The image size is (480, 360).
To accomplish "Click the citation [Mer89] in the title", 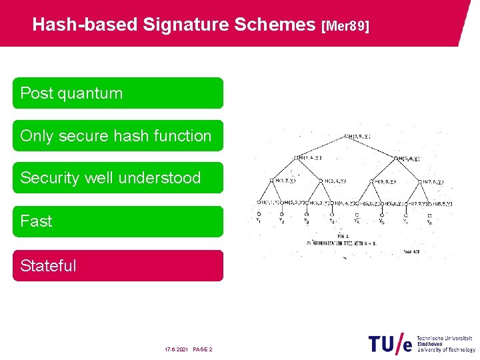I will pyautogui.click(x=345, y=26).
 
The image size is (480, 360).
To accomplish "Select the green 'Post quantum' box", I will pyautogui.click(x=118, y=93).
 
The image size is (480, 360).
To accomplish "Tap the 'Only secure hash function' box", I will pyautogui.click(x=118, y=136).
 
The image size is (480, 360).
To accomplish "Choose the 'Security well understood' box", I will pyautogui.click(x=118, y=178).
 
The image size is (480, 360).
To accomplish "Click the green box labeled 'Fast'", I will pyautogui.click(x=118, y=221).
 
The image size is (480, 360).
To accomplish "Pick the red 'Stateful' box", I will pyautogui.click(x=118, y=265).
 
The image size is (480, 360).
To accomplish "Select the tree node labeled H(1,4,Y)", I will pyautogui.click(x=308, y=158).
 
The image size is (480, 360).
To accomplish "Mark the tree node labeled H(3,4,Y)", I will pyautogui.click(x=333, y=181).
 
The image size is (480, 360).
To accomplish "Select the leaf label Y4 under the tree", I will pyautogui.click(x=331, y=220).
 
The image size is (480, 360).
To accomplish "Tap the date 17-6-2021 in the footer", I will pyautogui.click(x=177, y=349).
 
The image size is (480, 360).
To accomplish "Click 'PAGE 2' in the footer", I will pyautogui.click(x=203, y=349).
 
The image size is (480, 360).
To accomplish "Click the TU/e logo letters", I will pyautogui.click(x=390, y=343).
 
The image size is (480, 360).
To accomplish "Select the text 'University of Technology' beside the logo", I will pyautogui.click(x=446, y=350).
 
